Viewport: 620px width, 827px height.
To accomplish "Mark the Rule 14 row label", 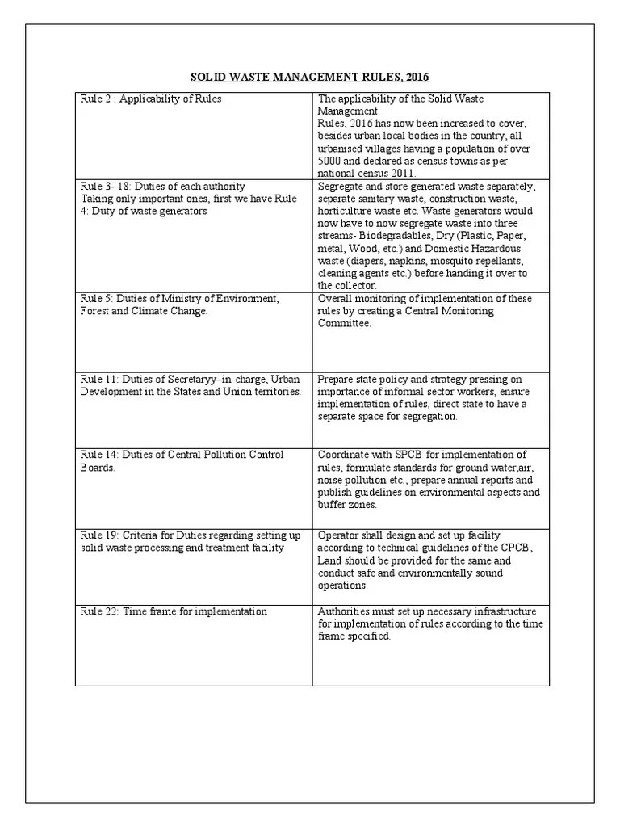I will tap(182, 461).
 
